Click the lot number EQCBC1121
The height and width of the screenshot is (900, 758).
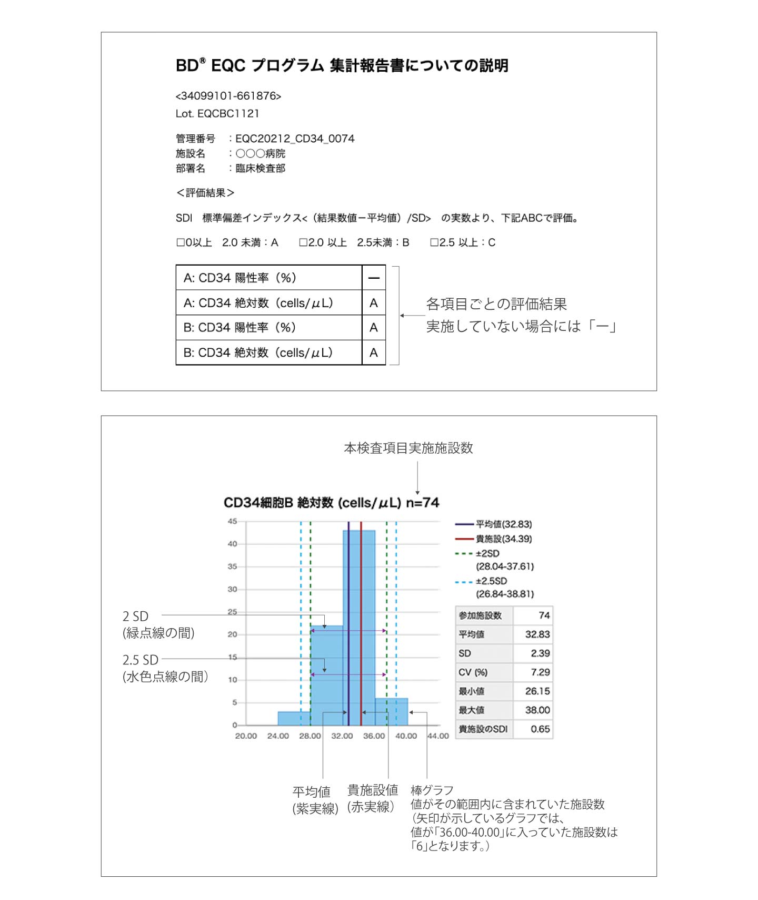tap(228, 113)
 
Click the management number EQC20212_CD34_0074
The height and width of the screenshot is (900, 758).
tap(295, 139)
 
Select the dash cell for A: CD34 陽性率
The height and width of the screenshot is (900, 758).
tap(374, 278)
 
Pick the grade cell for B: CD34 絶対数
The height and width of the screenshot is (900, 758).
tap(374, 353)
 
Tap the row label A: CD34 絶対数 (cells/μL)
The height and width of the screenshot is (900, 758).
tap(258, 303)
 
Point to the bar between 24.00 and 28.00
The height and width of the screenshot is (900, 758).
tap(294, 718)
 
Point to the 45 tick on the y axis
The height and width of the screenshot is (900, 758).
tap(232, 521)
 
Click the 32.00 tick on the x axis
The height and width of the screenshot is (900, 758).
tap(342, 736)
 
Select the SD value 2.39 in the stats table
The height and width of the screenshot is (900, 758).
tap(540, 653)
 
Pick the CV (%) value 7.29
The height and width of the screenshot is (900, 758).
tap(540, 672)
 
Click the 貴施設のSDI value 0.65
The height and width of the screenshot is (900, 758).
tap(540, 729)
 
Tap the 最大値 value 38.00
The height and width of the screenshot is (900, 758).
tap(537, 710)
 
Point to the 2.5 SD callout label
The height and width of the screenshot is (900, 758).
tap(141, 660)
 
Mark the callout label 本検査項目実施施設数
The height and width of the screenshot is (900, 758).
tap(408, 448)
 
